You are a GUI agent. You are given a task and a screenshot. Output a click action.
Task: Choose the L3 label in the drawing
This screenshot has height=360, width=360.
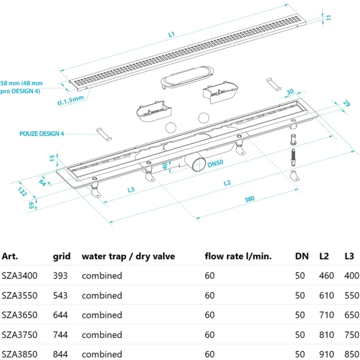click(x=130, y=190)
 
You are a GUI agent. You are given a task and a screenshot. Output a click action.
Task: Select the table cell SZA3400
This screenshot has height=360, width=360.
click(x=20, y=276)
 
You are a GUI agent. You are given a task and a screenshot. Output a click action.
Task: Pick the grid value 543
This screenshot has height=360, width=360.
click(x=61, y=296)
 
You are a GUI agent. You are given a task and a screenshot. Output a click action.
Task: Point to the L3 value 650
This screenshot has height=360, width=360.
click(x=349, y=315)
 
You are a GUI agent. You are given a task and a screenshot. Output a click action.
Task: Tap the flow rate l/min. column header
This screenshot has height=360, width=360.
click(x=238, y=257)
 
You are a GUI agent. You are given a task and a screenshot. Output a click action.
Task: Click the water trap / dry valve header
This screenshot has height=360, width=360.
click(x=128, y=257)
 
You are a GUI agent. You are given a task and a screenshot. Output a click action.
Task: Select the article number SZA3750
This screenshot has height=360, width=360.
click(x=20, y=335)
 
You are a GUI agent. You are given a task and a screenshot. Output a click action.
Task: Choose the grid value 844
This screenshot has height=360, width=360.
click(x=61, y=355)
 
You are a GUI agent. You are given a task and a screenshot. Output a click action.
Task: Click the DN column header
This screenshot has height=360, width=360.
click(x=302, y=257)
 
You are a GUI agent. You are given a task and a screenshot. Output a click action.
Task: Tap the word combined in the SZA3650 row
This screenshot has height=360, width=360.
click(x=102, y=315)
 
